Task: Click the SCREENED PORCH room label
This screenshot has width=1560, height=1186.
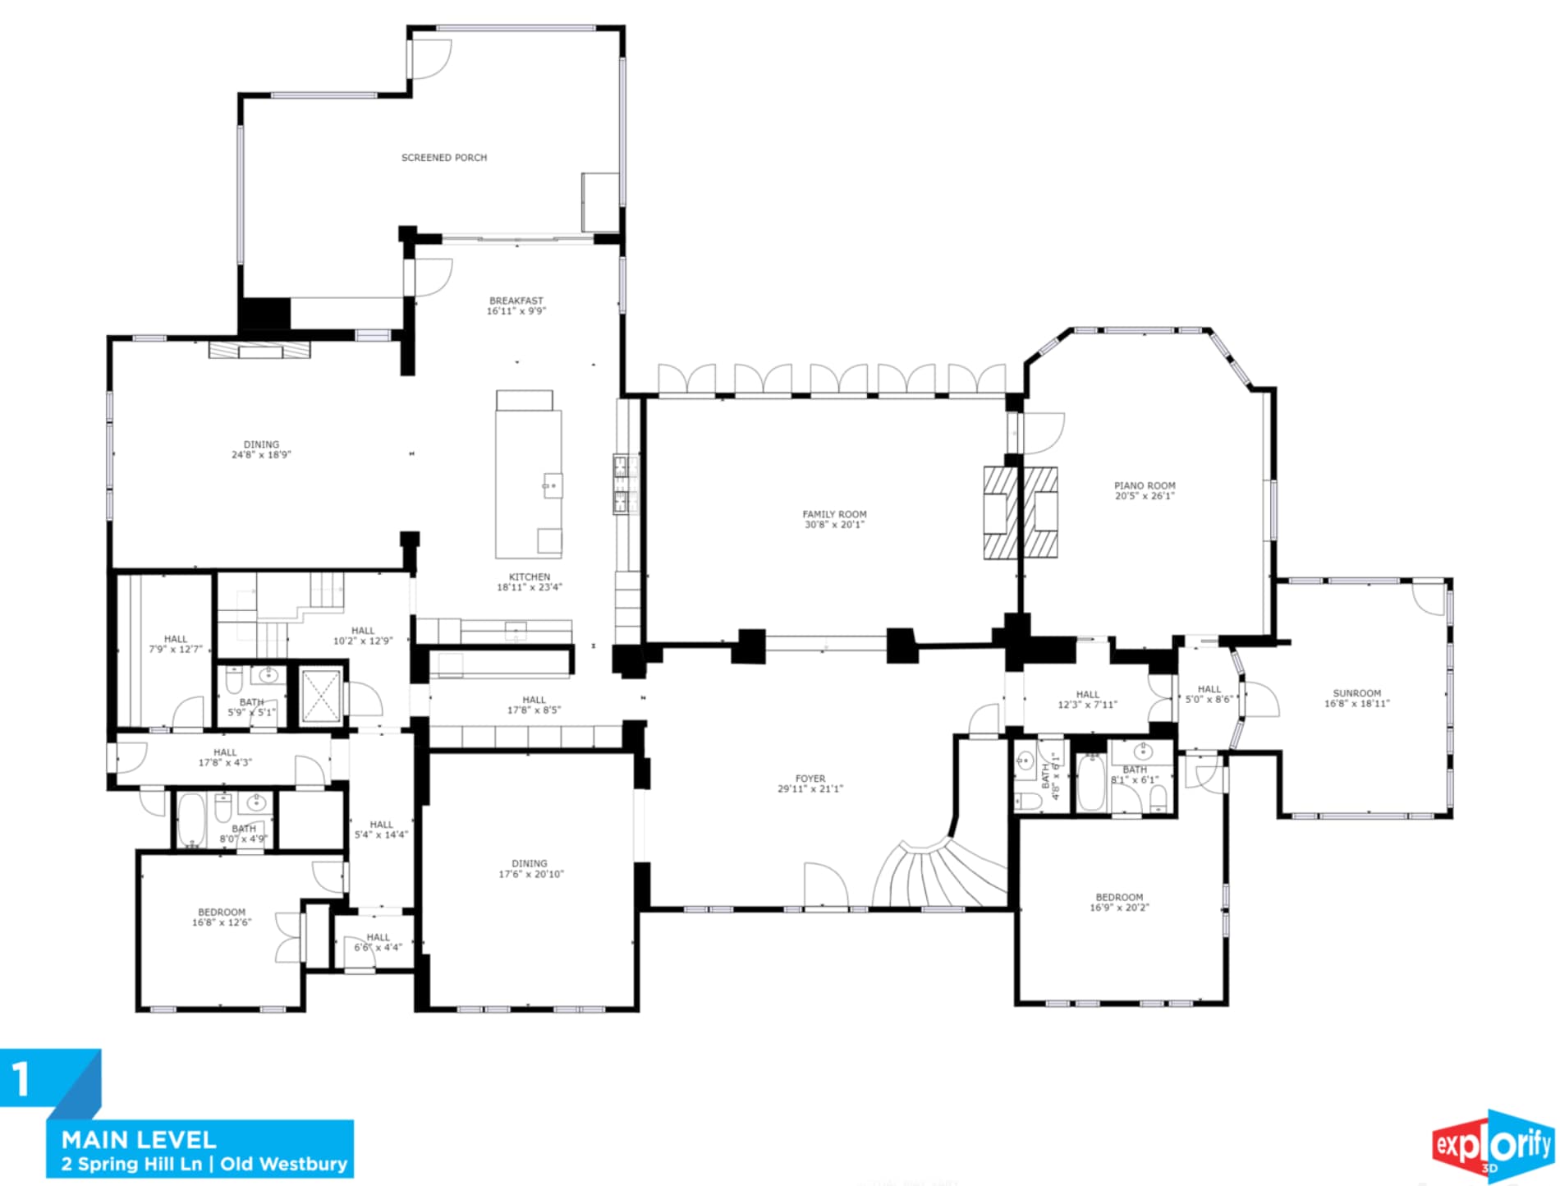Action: [x=443, y=158]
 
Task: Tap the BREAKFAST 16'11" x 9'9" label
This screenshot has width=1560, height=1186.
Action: [x=516, y=306]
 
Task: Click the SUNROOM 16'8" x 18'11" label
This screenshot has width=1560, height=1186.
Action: [x=1356, y=698]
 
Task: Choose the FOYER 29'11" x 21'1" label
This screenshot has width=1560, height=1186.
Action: [x=810, y=784]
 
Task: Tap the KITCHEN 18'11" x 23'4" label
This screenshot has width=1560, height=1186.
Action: [x=530, y=582]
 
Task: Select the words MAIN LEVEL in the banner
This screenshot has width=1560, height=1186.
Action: [x=139, y=1140]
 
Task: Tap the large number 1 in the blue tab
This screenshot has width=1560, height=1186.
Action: [x=21, y=1079]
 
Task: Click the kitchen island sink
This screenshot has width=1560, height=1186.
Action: [x=553, y=485]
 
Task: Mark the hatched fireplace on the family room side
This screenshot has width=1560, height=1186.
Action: [x=1001, y=513]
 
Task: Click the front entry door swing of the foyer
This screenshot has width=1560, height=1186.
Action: [x=826, y=885]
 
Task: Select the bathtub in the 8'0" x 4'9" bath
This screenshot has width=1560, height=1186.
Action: [x=191, y=819]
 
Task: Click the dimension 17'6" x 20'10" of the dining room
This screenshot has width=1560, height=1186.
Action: [x=530, y=874]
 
